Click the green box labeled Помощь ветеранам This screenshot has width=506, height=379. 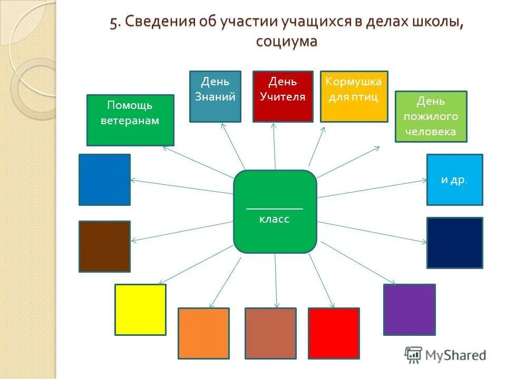130,120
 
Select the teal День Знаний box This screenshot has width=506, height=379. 215,96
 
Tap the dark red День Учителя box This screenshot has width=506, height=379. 283,96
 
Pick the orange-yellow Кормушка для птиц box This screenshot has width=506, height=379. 354,96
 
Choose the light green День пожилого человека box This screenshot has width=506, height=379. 431,116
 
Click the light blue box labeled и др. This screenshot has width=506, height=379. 454,179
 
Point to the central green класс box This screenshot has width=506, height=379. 275,211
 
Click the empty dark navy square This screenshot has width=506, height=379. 454,243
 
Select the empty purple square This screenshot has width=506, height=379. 409,309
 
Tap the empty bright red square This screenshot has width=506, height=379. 334,333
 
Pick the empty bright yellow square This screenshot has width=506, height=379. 140,309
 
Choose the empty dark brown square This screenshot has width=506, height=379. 104,246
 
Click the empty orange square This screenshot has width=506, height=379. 203,333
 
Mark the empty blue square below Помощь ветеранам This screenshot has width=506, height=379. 104,179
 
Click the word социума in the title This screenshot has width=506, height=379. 287,41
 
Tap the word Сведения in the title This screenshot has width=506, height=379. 160,22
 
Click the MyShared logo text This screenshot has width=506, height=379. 453,355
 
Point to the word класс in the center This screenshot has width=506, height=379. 274,219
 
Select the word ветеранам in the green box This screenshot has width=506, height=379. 130,121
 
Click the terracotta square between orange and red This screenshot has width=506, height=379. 270,333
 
